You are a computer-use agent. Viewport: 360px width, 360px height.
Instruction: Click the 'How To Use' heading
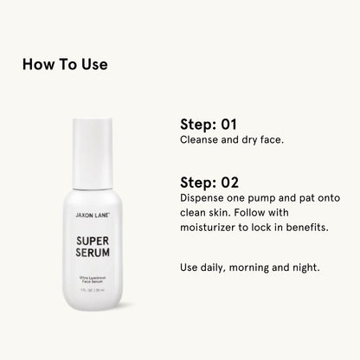65,64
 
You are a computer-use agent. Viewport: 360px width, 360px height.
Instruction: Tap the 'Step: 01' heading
208,123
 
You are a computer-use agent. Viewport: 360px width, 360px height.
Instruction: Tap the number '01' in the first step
226,123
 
